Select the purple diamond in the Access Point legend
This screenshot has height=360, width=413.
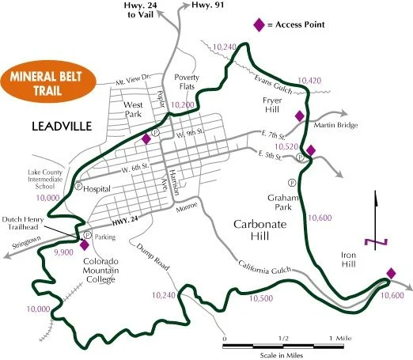click(258, 25)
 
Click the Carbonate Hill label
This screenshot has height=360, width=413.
click(265, 232)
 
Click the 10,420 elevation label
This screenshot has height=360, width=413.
click(310, 81)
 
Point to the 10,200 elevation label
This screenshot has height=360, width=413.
click(182, 104)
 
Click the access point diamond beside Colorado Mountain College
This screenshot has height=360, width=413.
click(85, 244)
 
